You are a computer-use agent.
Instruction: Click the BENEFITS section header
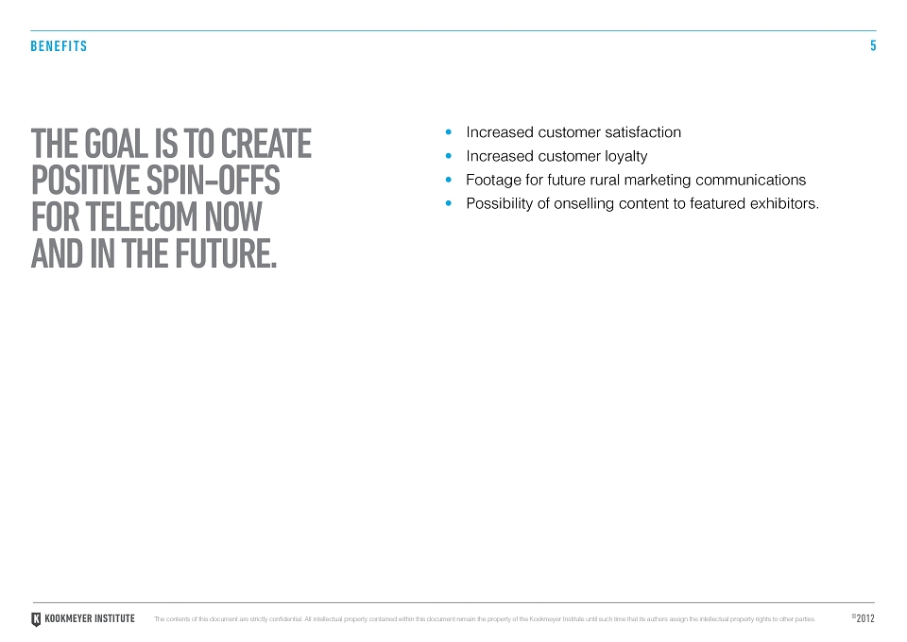[59, 46]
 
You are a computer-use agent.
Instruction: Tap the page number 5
[873, 45]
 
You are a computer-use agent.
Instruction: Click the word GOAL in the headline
[115, 144]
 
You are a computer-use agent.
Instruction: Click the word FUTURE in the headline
[226, 253]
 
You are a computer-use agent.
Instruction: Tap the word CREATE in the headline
[266, 144]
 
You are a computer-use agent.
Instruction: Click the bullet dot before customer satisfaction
[448, 132]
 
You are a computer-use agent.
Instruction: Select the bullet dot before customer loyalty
[448, 156]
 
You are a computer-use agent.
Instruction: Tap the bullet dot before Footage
[448, 180]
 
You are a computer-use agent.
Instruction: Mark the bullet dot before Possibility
[448, 203]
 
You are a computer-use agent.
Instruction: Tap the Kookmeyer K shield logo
[36, 619]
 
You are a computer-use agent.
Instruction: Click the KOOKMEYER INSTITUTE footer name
[90, 619]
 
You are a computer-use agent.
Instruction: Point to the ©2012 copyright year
[863, 618]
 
